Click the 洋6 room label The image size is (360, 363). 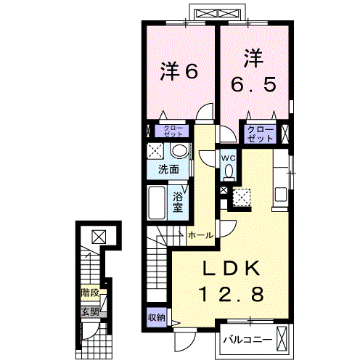point(179,72)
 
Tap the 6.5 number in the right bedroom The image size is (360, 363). point(253,85)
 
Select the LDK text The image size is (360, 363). point(232,269)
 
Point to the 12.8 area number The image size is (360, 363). point(231,294)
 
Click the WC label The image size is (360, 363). point(229,158)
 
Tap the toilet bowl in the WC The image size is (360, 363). point(229,171)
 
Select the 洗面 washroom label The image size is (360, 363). point(168,169)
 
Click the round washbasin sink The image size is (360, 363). point(179,151)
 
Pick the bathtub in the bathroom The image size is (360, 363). point(156,203)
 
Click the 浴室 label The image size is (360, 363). point(178,203)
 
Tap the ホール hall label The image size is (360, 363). point(201,235)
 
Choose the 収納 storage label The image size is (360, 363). point(157,317)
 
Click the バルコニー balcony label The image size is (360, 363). point(247,340)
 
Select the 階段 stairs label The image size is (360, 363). point(90,293)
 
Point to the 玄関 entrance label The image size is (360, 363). point(90,312)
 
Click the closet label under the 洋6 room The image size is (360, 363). point(173,131)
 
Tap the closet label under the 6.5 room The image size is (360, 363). point(260,134)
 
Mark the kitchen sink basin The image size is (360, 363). point(281,195)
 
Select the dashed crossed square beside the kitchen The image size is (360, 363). point(242,197)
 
